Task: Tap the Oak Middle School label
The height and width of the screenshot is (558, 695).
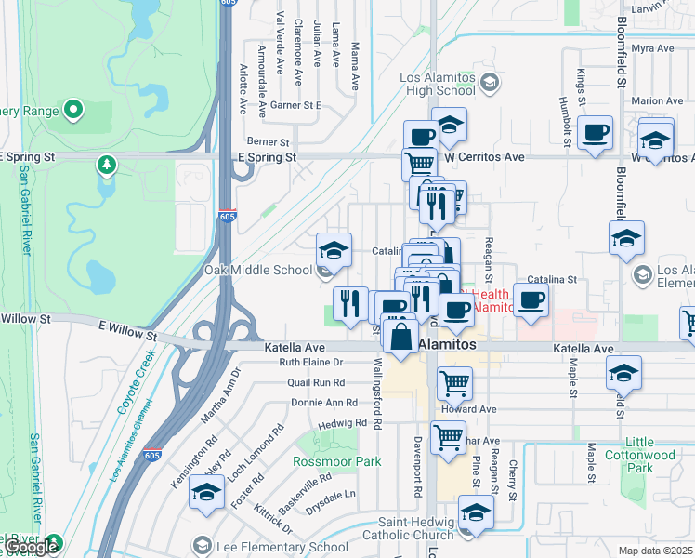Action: (258, 270)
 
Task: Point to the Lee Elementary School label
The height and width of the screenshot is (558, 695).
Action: (282, 546)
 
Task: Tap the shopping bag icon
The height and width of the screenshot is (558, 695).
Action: (400, 336)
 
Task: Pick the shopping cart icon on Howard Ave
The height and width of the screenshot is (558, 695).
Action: (454, 381)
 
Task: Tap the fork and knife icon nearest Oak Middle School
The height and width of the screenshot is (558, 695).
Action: (350, 304)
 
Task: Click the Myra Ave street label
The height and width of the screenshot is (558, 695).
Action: (651, 48)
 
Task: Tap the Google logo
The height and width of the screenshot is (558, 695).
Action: (31, 548)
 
